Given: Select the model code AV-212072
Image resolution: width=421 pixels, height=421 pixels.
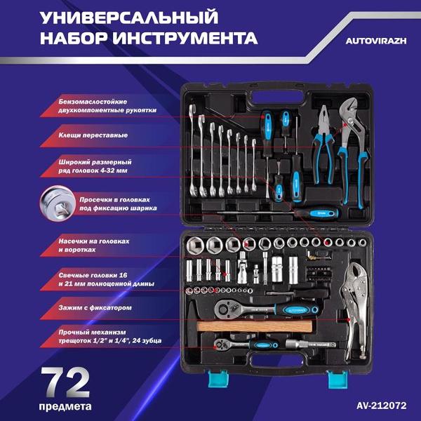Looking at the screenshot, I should coord(380,406).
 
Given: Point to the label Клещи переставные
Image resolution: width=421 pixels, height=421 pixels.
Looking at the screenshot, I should coord(92,134).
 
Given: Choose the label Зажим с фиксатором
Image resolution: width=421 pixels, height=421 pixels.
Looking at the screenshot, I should coord(94,307).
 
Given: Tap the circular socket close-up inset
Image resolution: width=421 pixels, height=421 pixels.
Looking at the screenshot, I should coord(55,202).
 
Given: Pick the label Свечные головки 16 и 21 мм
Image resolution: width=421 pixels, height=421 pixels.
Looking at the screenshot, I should coord(106,279).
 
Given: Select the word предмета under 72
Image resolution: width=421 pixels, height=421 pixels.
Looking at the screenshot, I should coord(66,405).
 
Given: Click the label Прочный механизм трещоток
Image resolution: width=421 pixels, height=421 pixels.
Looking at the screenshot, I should coord(109,336).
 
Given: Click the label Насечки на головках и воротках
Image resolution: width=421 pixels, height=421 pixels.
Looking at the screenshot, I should coord(94,244).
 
